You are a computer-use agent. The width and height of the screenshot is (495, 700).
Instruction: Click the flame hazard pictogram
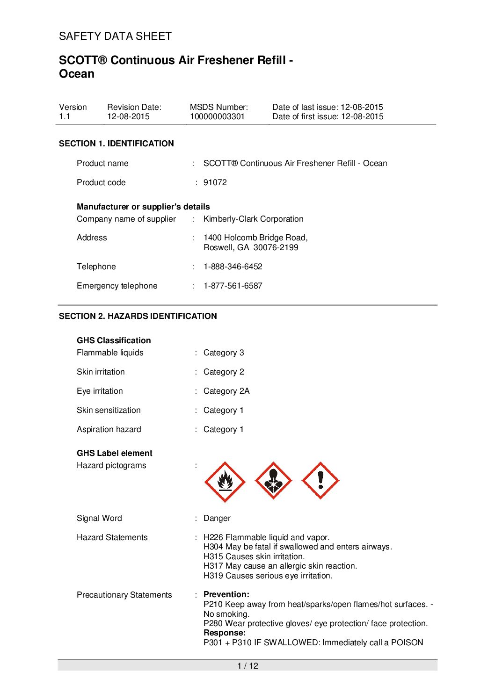[x=225, y=482]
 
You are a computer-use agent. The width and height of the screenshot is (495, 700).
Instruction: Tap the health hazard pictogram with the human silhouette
[x=273, y=481]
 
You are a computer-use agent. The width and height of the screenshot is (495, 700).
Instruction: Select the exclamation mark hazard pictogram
[x=320, y=481]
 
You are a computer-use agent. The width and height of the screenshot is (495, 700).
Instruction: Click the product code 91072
[x=215, y=182]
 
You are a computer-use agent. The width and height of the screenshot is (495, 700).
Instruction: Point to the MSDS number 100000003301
[x=217, y=116]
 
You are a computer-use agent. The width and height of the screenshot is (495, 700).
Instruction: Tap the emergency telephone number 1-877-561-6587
[x=233, y=286]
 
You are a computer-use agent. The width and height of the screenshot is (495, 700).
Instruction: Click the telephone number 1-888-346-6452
[x=233, y=267]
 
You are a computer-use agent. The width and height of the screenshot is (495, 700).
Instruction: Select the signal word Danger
[x=217, y=518]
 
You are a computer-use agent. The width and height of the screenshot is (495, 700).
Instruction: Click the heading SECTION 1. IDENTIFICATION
[x=116, y=144]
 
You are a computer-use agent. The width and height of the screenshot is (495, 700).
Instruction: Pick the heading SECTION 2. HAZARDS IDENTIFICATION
[x=138, y=316]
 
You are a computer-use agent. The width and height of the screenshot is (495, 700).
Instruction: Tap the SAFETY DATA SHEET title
[x=115, y=36]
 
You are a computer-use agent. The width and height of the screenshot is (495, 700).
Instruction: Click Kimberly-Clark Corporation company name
[x=253, y=219]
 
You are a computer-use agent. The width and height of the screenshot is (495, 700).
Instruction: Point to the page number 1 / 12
[x=247, y=666]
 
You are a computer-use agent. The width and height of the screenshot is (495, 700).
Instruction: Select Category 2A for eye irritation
[x=226, y=391]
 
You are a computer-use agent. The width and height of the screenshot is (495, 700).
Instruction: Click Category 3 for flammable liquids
[x=224, y=353]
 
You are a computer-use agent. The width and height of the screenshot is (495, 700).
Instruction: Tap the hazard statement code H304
[x=213, y=547]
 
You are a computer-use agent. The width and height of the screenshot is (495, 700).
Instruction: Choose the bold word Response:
[x=225, y=633]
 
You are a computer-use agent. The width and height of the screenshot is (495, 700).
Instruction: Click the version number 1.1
[x=65, y=116]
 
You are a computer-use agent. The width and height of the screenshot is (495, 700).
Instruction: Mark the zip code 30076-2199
[x=276, y=247]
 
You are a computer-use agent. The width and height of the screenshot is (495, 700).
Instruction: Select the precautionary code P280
[x=213, y=623]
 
